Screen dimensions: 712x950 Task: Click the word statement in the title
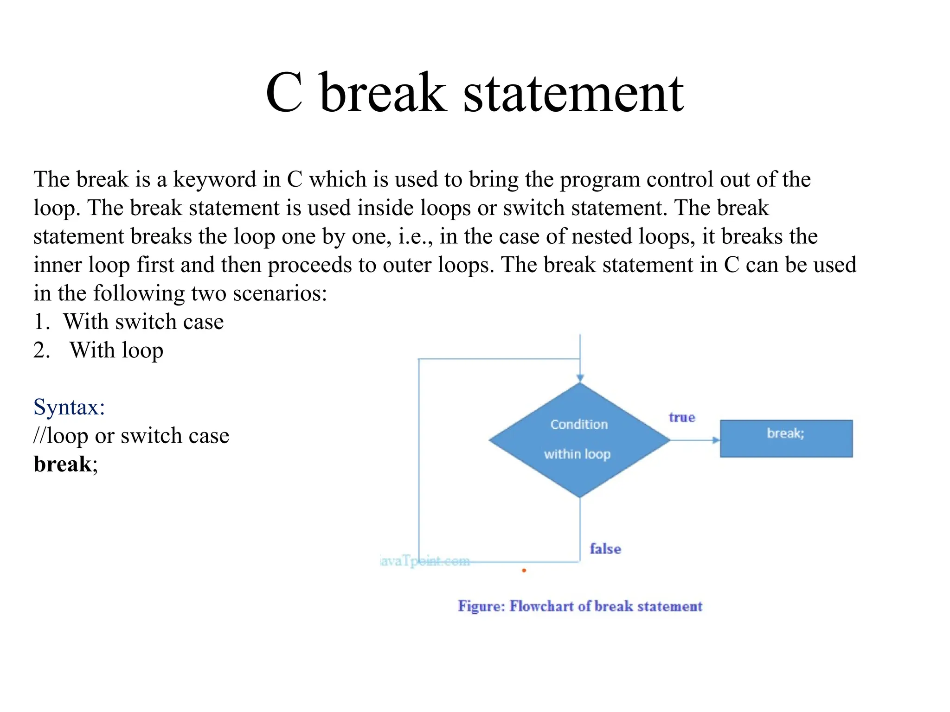click(573, 94)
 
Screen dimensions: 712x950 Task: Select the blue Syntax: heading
click(69, 407)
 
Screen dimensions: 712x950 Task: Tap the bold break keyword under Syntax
click(63, 464)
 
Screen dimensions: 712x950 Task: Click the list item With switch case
click(143, 322)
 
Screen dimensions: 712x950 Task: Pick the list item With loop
click(116, 350)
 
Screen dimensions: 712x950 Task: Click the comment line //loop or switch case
click(131, 436)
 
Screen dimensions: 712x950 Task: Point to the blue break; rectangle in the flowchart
click(786, 439)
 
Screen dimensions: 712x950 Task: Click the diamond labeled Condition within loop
click(579, 440)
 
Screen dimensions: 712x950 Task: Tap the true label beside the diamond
click(681, 417)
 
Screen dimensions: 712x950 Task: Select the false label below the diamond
click(605, 549)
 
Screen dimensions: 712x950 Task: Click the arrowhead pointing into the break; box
click(716, 440)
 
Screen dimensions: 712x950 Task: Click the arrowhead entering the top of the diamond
click(580, 378)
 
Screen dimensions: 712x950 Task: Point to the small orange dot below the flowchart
click(524, 570)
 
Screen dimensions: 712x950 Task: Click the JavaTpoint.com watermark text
click(424, 561)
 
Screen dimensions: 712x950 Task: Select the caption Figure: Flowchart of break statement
click(580, 606)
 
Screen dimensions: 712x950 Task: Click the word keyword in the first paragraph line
click(214, 180)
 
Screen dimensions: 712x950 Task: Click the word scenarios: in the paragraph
click(280, 293)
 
